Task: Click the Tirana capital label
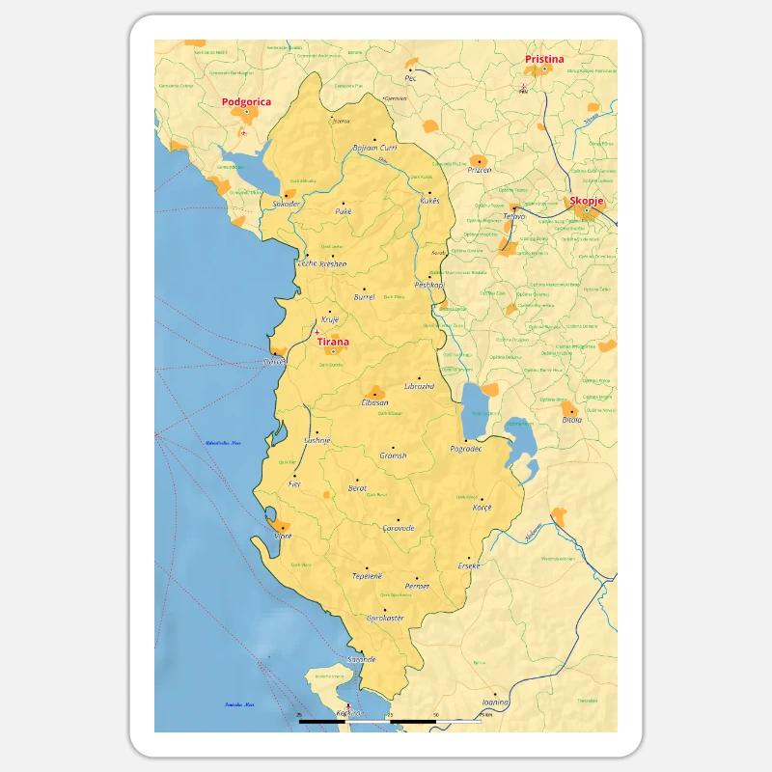333,342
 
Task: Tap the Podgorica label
246,101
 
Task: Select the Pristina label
544,60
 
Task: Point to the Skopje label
587,201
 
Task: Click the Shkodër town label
287,205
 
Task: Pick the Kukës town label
429,201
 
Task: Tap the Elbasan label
374,402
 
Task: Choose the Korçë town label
481,508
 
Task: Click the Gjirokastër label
386,618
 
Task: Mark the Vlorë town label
283,536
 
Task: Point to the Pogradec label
466,450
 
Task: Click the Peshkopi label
428,286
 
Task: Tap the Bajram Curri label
375,149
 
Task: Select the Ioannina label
495,703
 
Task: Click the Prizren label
479,170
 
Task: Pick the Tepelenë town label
367,576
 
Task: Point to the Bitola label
572,420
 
